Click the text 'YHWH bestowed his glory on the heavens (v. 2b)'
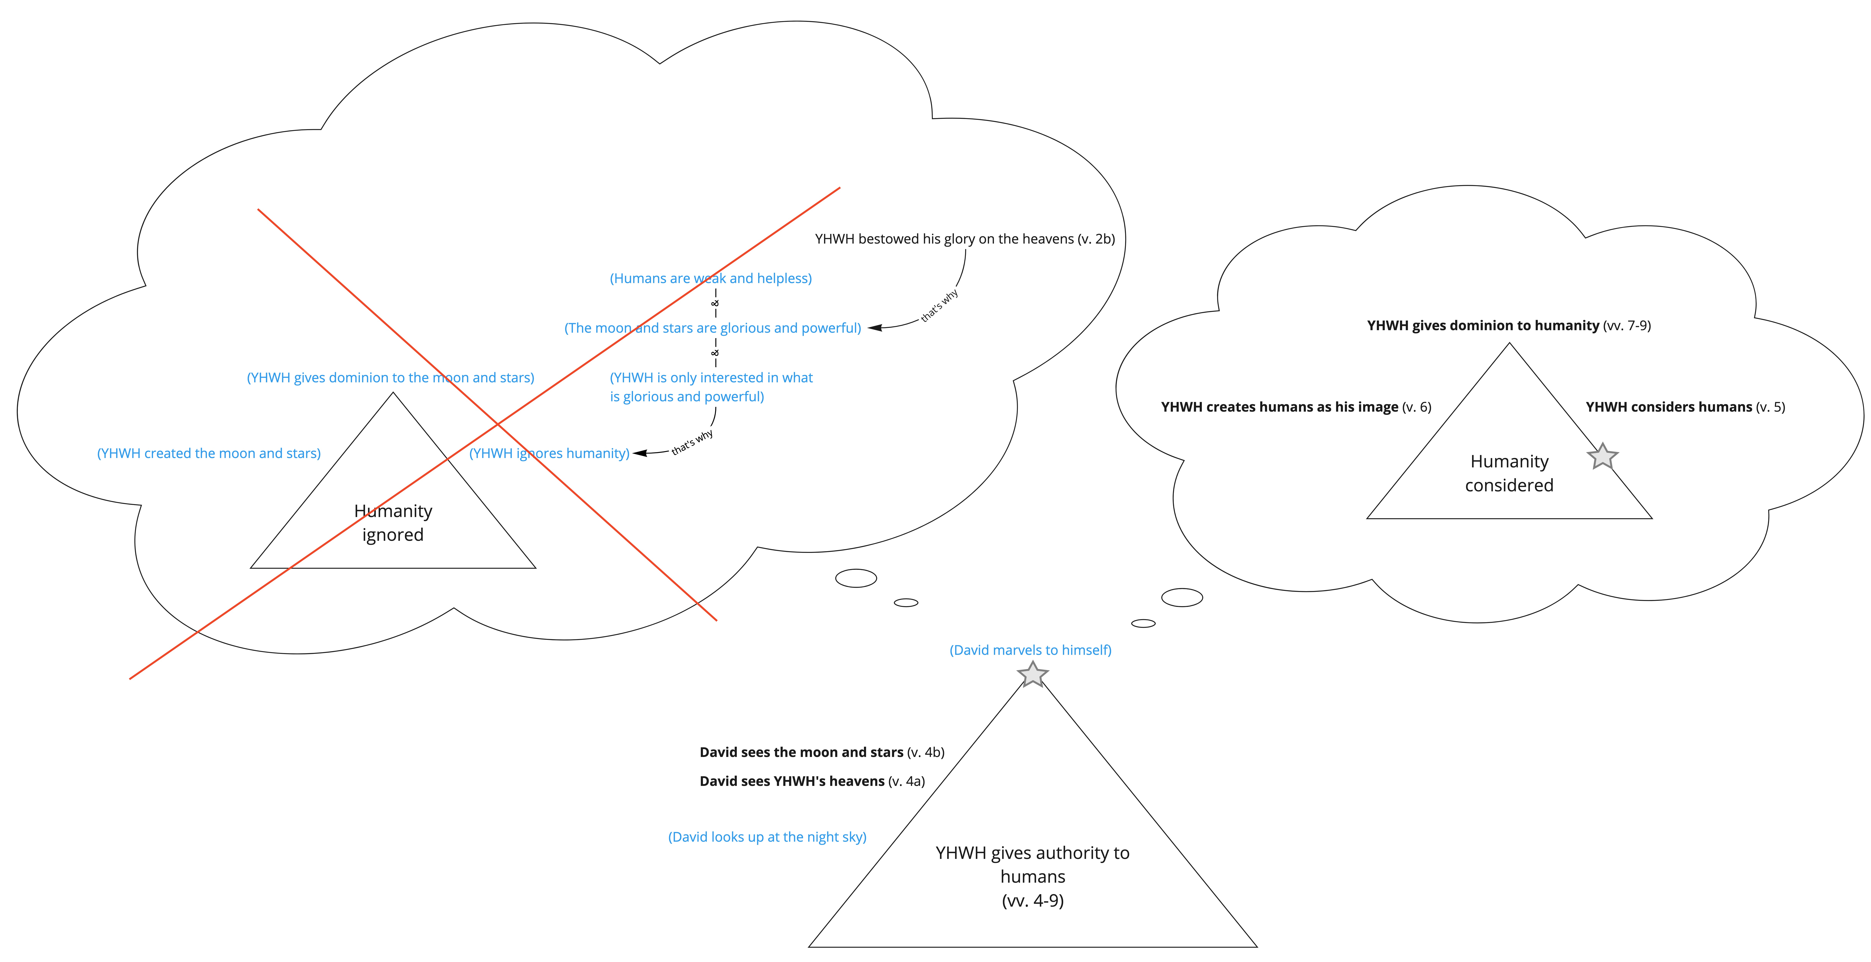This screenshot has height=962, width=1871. tap(965, 239)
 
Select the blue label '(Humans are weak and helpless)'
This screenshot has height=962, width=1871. tap(710, 278)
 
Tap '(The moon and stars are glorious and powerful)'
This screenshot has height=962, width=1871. tap(713, 328)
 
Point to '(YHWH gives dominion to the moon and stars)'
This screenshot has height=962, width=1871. tap(391, 378)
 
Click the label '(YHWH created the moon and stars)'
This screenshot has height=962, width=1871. tap(209, 453)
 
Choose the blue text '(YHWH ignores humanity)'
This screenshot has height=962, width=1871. tap(549, 453)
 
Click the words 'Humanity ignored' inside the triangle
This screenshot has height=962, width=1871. tap(393, 523)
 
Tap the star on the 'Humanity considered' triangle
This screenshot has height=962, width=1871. tap(1602, 457)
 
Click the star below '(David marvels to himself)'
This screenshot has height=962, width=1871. tap(1032, 675)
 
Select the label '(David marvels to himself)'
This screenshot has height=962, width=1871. tap(1031, 650)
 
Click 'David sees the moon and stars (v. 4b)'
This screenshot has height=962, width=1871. tap(822, 752)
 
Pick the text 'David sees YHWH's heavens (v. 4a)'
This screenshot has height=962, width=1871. tap(812, 781)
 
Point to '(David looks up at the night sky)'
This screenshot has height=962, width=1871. tap(767, 837)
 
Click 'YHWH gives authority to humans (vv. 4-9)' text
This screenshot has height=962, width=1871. tap(1032, 876)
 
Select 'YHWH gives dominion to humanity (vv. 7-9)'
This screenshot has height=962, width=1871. tap(1508, 325)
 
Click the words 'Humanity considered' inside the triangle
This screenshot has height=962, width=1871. tap(1509, 473)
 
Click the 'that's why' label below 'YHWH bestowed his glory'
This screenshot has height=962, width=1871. tap(939, 305)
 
